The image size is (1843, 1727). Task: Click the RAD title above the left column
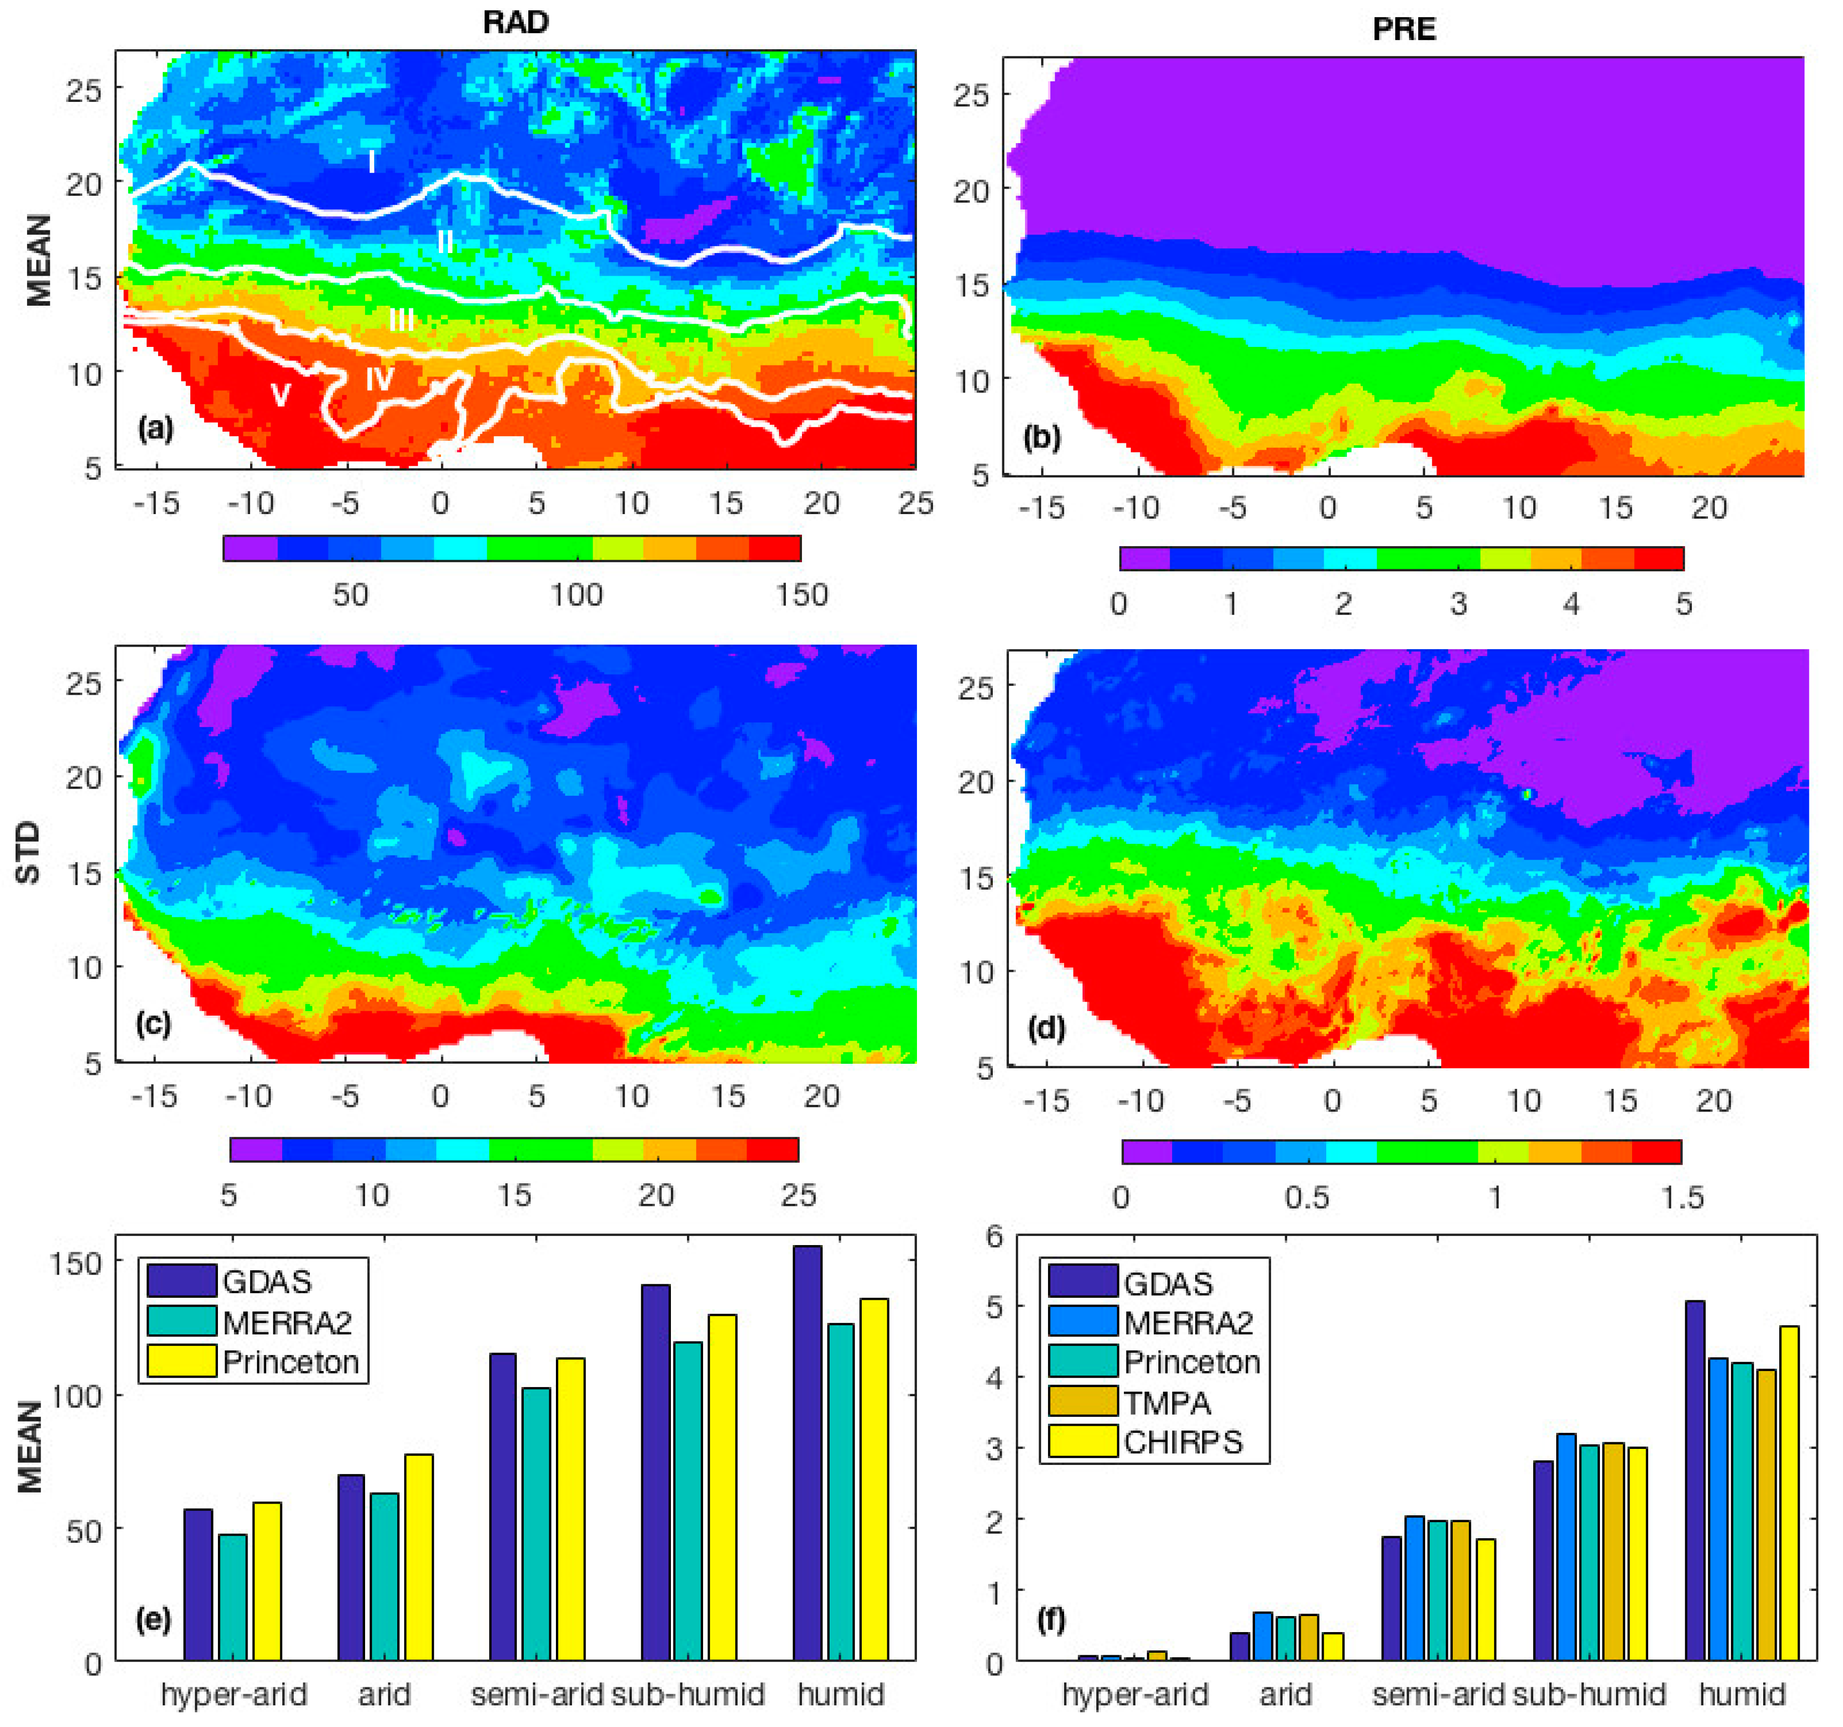coord(515,22)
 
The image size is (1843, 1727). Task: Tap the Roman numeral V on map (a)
coord(280,396)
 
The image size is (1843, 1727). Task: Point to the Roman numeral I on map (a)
coord(372,162)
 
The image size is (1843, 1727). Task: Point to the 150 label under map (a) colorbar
coord(801,595)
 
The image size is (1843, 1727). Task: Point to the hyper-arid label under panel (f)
coord(1135,1694)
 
